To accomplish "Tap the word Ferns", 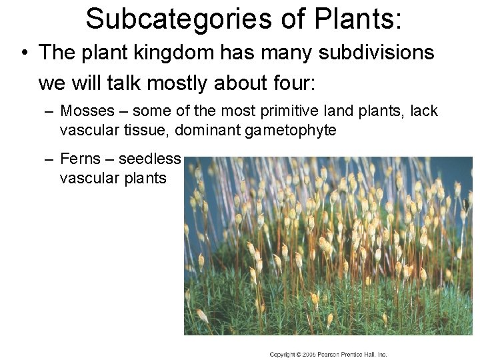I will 81,159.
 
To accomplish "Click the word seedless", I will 150,159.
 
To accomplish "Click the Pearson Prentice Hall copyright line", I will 328,354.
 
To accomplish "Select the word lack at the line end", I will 424,111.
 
